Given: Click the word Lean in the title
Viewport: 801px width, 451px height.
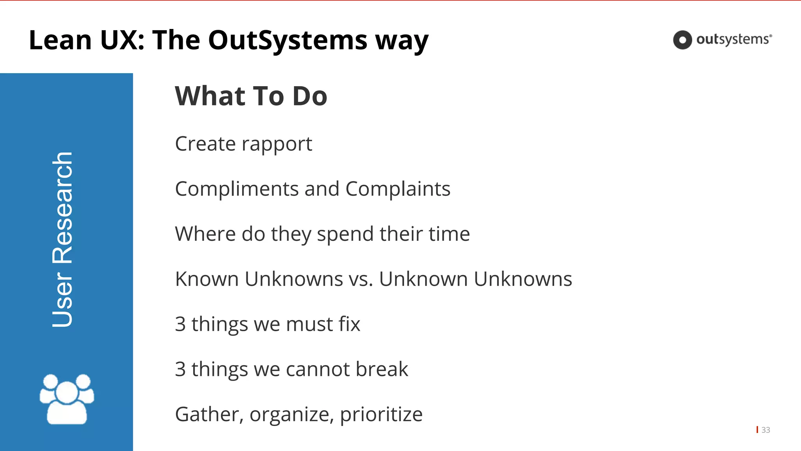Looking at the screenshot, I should point(60,40).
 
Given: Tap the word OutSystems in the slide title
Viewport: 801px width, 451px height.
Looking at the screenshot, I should point(287,40).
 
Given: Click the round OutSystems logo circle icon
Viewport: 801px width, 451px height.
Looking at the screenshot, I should point(682,40).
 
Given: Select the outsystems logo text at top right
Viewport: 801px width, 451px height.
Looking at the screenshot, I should point(734,40).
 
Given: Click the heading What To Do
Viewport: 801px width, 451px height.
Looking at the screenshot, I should point(251,96).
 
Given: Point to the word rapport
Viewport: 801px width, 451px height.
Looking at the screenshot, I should point(277,144).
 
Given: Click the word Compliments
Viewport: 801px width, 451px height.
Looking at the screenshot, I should point(237,189).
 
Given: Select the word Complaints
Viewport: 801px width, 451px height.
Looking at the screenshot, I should point(398,189).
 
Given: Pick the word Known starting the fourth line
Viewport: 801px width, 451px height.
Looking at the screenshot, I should point(207,279).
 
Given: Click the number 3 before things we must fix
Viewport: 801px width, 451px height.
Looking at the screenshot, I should point(180,324).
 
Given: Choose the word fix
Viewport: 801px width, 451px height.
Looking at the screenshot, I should point(349,324).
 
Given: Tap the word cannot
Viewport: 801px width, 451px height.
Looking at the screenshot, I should point(318,369).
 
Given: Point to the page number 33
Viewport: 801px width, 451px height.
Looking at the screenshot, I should point(766,430).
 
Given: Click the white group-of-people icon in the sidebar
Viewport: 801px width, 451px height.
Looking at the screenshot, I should point(67,399).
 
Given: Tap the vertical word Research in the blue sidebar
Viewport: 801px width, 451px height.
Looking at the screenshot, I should point(63,207).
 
